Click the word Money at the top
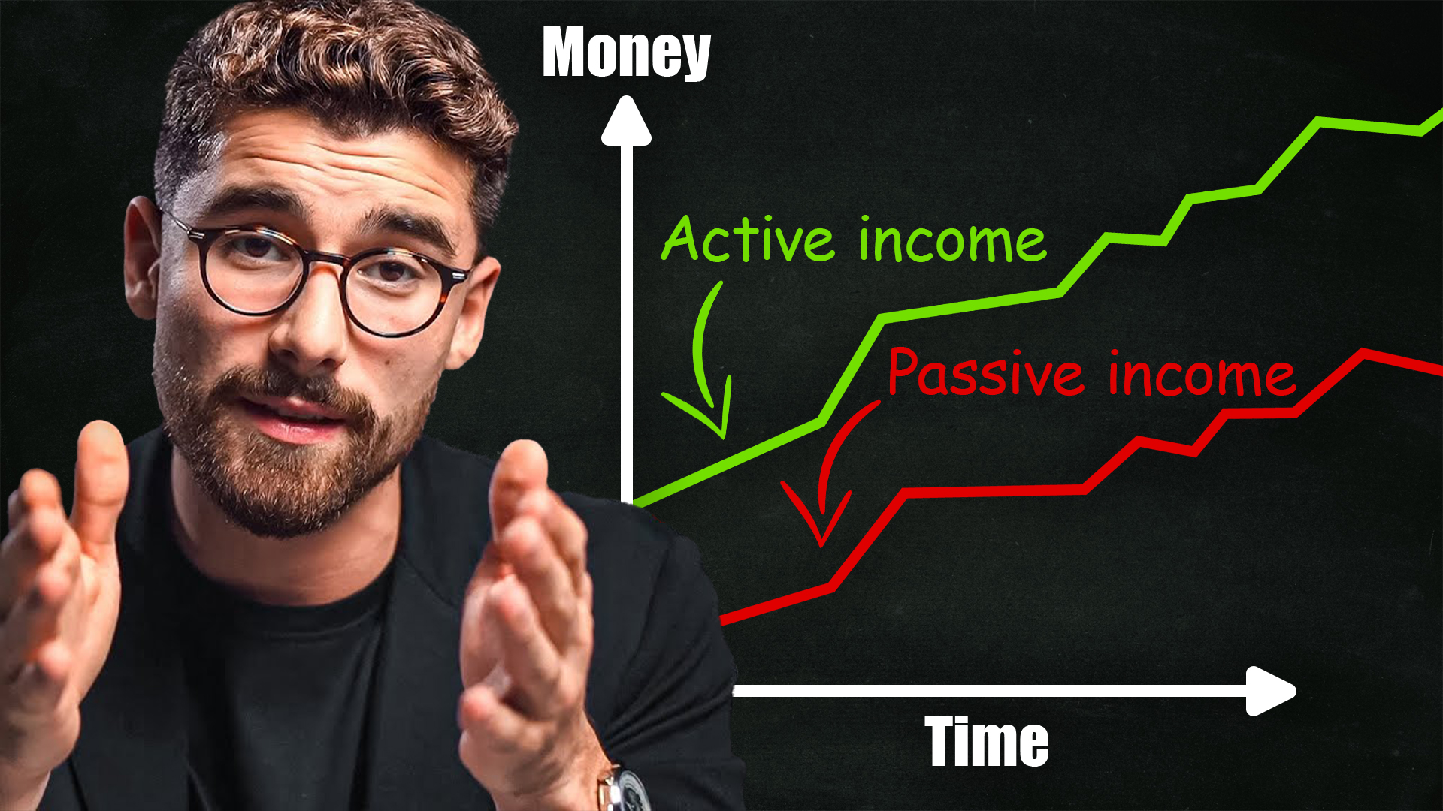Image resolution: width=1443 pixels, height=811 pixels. pos(626,53)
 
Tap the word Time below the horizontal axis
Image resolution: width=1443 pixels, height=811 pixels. pos(987,741)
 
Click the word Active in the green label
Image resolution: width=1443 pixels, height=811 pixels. pos(748,240)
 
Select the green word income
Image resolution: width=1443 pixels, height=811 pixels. pos(952,240)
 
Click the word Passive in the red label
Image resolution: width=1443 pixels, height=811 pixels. pos(985,372)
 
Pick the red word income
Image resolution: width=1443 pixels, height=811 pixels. pos(1202,373)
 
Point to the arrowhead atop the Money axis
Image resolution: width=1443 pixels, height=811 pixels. pos(626,120)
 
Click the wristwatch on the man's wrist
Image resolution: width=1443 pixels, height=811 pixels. pos(626,788)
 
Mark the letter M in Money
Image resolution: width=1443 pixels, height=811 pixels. pos(567,53)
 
